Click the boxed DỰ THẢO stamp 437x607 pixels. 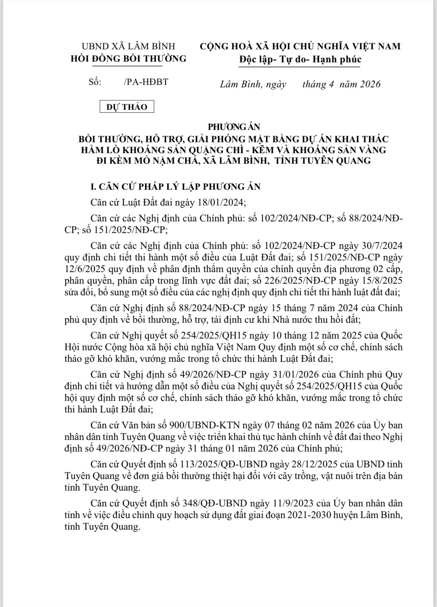click(127, 107)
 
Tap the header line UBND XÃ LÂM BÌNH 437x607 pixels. click(128, 46)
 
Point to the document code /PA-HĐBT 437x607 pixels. click(146, 82)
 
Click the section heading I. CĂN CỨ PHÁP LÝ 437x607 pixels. click(176, 186)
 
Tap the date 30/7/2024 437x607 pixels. click(381, 245)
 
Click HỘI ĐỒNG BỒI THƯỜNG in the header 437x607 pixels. click(128, 58)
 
